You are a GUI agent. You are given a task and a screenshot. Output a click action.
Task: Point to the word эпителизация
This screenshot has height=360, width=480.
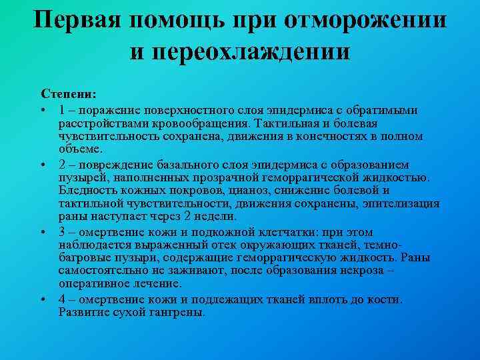tap(403, 204)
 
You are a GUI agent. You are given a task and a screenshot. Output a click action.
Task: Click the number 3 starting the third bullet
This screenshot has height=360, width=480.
tap(61, 231)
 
